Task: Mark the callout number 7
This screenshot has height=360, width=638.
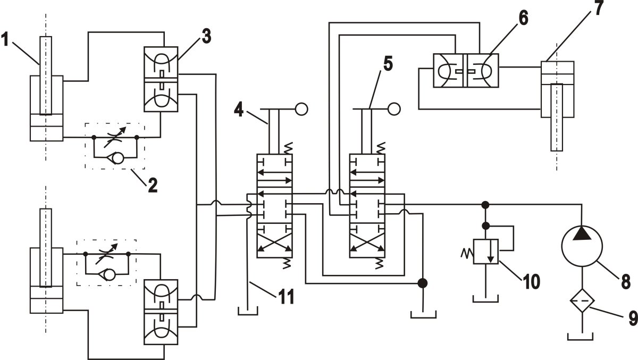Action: pos(600,9)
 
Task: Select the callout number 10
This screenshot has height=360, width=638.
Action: pos(532,280)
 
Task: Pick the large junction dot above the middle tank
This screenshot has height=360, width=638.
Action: pos(423,283)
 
